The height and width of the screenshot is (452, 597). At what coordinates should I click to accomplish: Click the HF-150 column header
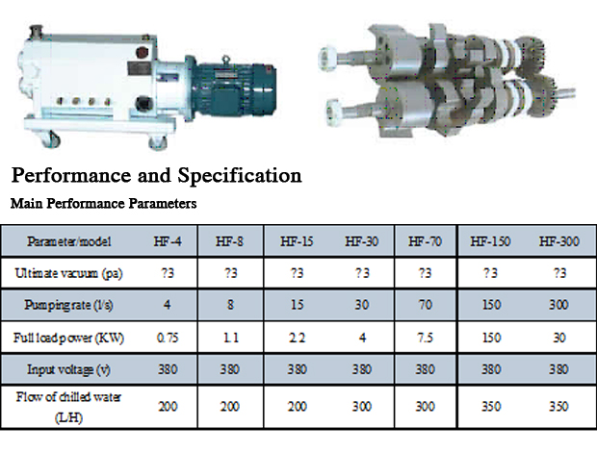point(490,241)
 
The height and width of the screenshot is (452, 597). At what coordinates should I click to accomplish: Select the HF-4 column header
point(168,241)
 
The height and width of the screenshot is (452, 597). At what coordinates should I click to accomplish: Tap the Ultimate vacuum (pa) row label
point(68,273)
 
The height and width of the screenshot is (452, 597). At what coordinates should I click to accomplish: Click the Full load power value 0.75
point(168,338)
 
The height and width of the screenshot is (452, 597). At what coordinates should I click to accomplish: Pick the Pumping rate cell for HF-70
point(425,305)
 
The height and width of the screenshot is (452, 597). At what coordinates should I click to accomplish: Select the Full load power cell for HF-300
point(558,338)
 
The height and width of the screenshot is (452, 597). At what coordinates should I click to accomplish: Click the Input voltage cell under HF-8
point(229,369)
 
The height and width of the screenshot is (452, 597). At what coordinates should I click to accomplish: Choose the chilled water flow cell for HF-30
point(362,407)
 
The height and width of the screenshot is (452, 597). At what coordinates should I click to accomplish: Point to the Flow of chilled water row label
point(68,407)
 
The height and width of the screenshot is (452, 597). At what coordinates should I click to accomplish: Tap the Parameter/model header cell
point(69,241)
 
